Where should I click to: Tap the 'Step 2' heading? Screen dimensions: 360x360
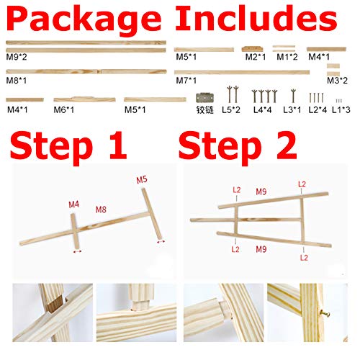(238, 144)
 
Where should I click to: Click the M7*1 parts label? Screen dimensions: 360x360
(185, 81)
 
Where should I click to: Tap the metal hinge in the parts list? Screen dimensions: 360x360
(209, 96)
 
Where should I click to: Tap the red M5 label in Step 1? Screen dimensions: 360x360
(142, 179)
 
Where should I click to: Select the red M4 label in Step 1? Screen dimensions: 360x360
(74, 204)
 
